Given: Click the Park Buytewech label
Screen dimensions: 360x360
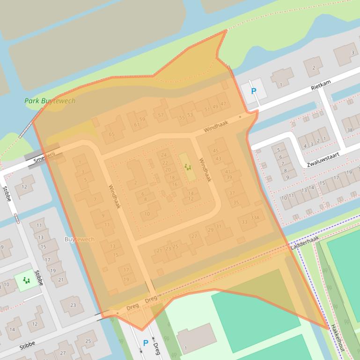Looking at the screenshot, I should coord(50,101).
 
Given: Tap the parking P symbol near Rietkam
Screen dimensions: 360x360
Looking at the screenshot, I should coord(254,91).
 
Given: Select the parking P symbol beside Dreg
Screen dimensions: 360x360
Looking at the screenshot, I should coord(146,343).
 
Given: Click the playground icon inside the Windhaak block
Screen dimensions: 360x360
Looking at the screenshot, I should coord(187,167).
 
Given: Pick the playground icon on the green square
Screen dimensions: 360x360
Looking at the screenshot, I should coord(26,280).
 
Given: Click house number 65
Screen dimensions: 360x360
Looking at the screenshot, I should coord(111,134).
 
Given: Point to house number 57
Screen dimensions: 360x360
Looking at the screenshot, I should coord(161,115).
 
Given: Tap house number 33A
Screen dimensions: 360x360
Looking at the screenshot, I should coord(255,217).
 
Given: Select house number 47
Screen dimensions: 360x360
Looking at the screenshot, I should coord(223,104).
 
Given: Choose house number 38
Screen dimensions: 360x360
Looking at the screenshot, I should coord(350,130).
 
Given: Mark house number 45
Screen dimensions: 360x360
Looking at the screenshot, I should coord(216,151).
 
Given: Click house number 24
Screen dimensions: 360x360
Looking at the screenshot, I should coord(164,155).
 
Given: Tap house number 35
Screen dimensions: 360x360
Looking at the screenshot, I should coord(236,202).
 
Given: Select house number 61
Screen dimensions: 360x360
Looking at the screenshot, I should coord(137,125).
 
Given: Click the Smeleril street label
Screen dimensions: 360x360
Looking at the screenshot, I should coord(44,159).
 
